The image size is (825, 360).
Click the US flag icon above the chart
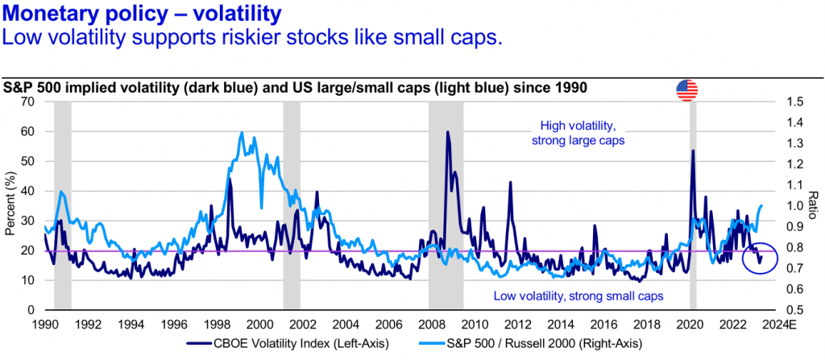[x=686, y=91]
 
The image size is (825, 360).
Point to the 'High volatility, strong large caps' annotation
[x=578, y=133]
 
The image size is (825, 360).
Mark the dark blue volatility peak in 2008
[x=447, y=133]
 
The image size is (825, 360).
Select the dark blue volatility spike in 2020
[x=692, y=151]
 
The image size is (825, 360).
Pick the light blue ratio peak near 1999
[x=242, y=134]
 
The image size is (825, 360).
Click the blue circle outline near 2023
[x=759, y=254]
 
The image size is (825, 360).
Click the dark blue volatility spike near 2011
[x=510, y=184]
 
